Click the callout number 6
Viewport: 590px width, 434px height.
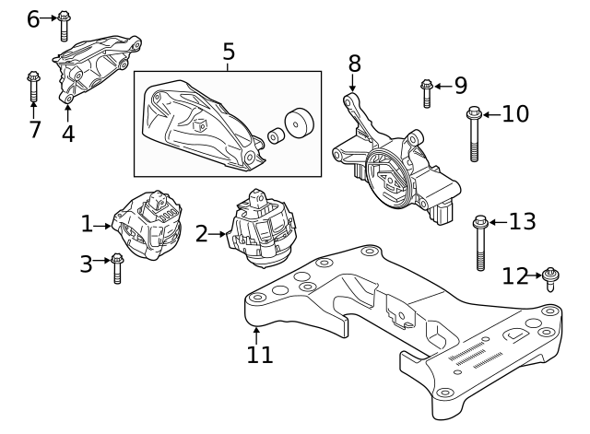pos(33,18)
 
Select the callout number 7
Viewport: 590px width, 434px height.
pos(34,129)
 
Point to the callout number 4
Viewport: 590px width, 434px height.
pos(68,133)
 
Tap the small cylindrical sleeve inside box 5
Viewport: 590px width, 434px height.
pos(274,137)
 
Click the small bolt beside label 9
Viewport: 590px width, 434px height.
pos(426,91)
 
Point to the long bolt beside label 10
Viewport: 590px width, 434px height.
pos(473,133)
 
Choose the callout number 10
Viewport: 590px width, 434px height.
pos(515,114)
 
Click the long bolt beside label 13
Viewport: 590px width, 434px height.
pos(480,241)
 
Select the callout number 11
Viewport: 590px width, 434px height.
pos(261,354)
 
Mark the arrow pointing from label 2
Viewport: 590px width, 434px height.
pos(218,235)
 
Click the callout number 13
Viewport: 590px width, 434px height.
pos(522,221)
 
